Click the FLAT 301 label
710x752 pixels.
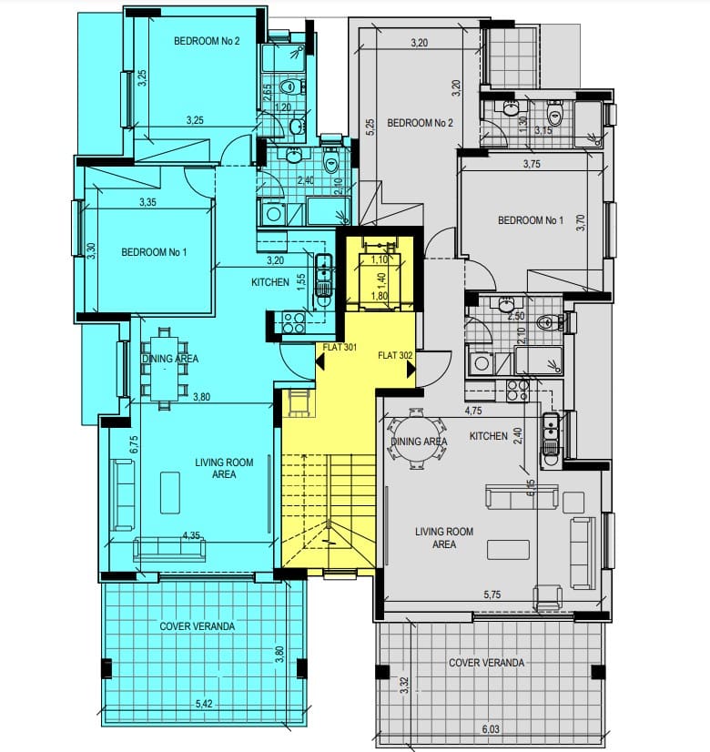click(340, 347)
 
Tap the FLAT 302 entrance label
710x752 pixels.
click(395, 355)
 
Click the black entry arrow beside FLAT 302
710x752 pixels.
click(411, 370)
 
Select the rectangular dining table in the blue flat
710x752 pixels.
click(164, 369)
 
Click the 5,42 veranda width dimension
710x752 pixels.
click(204, 704)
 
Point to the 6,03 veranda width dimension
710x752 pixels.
click(491, 729)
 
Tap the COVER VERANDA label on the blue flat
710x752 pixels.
click(197, 626)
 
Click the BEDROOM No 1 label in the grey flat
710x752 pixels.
click(531, 220)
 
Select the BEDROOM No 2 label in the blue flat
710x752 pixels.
click(207, 41)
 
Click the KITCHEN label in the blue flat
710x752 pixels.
click(270, 282)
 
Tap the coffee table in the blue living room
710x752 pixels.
click(170, 492)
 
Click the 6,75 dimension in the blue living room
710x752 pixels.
click(134, 444)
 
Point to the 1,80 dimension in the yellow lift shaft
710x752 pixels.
click(380, 296)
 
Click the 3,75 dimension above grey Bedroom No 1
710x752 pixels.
click(532, 164)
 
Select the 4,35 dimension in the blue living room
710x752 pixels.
click(191, 535)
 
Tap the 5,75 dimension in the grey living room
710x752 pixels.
click(492, 594)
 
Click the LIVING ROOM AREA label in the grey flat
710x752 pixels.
click(444, 538)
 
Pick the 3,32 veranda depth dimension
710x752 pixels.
click(405, 685)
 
